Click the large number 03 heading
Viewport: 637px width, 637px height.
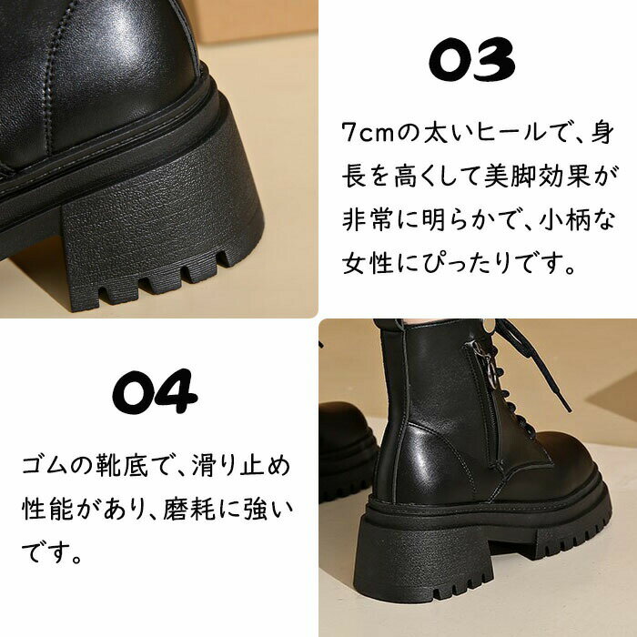tap(472, 60)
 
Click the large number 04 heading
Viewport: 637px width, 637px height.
tap(156, 391)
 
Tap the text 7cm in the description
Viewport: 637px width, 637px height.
tap(368, 133)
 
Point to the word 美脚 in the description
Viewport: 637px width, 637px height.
tap(511, 177)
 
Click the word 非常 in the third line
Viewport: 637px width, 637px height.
tap(367, 220)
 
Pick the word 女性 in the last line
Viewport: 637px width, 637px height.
tap(367, 263)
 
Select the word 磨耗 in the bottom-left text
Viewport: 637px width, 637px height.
tap(189, 509)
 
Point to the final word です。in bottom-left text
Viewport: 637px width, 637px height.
tap(52, 552)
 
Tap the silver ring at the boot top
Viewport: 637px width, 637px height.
tap(490, 325)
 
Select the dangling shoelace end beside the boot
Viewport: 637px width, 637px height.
tap(556, 378)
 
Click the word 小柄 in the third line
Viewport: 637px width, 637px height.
tap(565, 220)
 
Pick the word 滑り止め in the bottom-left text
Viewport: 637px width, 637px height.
tap(241, 466)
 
